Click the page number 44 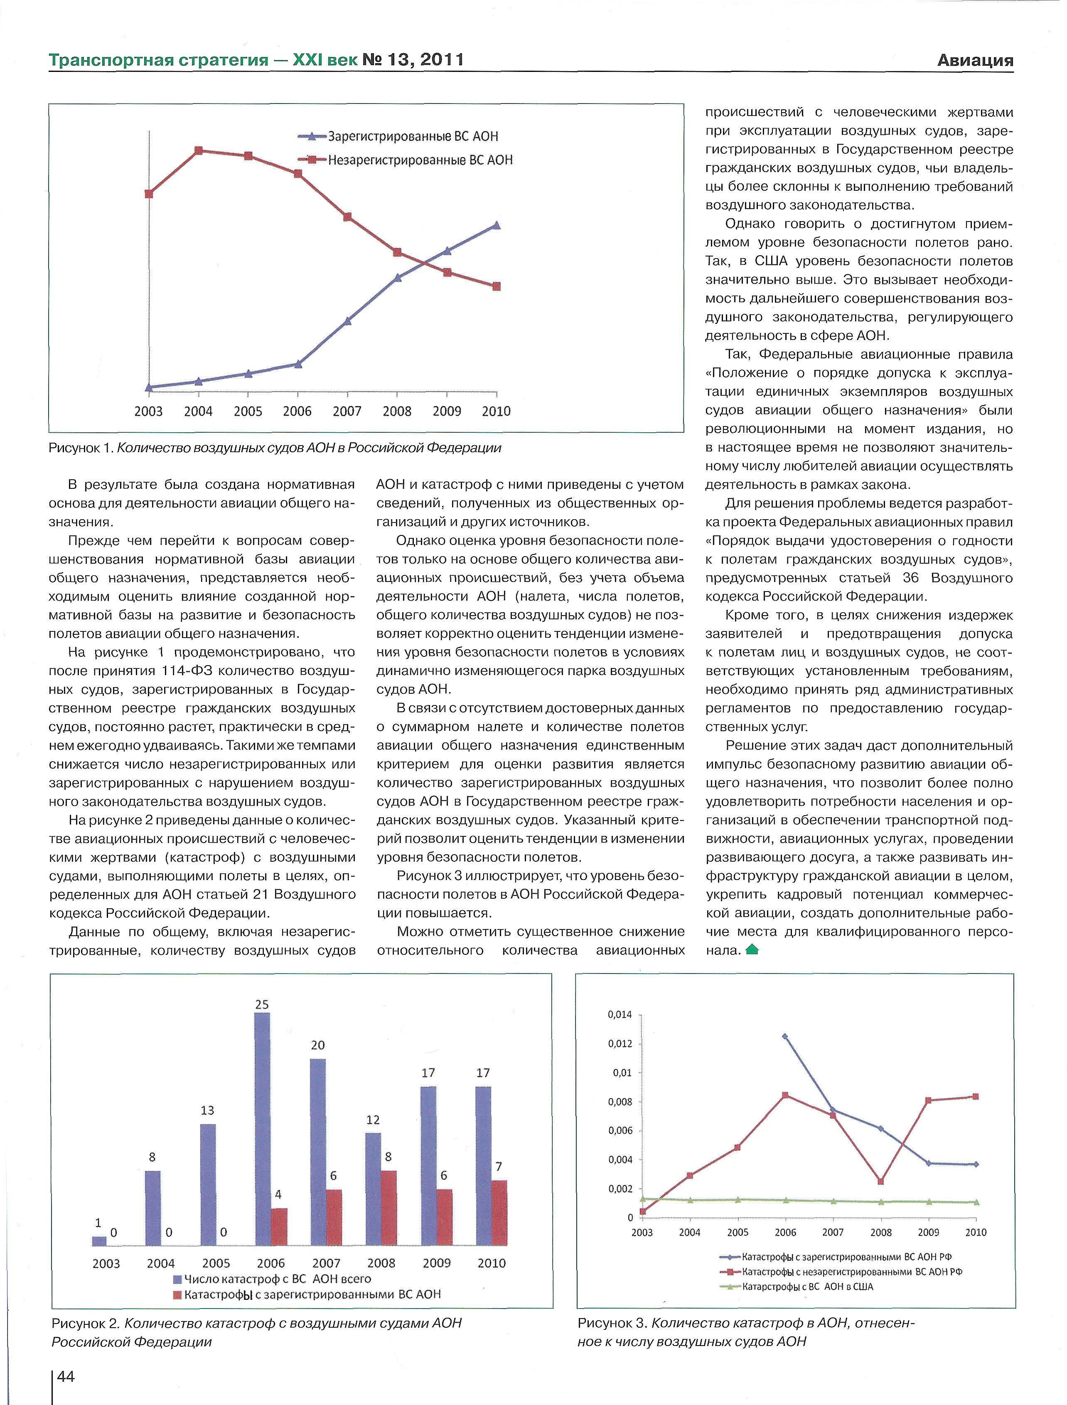[66, 1376]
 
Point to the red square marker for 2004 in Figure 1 [199, 150]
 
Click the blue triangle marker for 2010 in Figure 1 [497, 225]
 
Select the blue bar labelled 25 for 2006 [262, 1129]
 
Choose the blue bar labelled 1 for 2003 [99, 1241]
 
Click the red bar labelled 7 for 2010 [499, 1213]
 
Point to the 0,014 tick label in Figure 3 [620, 1015]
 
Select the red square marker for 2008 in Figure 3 [881, 1182]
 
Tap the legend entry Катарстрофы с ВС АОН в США [807, 1287]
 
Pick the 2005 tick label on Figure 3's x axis [738, 1233]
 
